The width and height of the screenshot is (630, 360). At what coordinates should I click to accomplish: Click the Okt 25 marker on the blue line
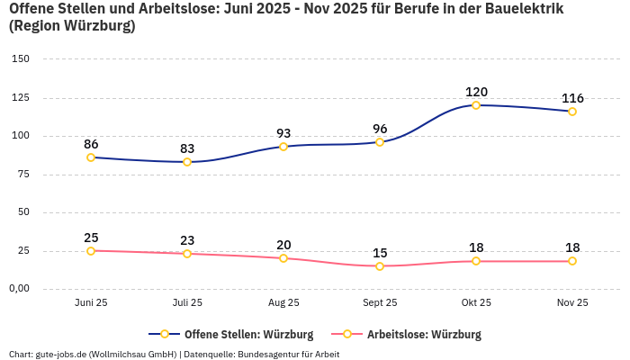(476, 105)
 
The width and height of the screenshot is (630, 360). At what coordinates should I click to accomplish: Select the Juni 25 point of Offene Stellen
(91, 157)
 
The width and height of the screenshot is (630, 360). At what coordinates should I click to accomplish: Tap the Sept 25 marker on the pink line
(380, 266)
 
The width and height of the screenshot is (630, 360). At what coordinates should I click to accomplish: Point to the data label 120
(476, 92)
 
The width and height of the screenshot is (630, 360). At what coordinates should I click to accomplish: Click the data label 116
(572, 98)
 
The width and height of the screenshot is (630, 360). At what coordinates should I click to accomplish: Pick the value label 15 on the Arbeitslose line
(380, 253)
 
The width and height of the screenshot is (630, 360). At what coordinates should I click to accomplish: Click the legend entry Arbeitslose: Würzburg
(423, 335)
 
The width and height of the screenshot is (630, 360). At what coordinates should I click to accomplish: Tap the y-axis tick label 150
(21, 59)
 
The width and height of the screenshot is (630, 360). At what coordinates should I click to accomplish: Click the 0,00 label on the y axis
(19, 289)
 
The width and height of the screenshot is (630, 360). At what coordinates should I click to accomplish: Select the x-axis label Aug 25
(283, 303)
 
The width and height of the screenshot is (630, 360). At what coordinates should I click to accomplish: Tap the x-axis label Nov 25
(572, 303)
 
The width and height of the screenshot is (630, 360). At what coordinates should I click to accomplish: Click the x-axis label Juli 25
(187, 303)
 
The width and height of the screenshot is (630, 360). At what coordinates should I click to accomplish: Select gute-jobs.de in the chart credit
(61, 355)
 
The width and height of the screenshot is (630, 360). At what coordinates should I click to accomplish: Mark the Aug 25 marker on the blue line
(283, 147)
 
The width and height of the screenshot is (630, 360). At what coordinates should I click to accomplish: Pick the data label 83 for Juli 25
(187, 148)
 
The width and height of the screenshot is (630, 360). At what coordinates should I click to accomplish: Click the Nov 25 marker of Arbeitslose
(572, 261)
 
